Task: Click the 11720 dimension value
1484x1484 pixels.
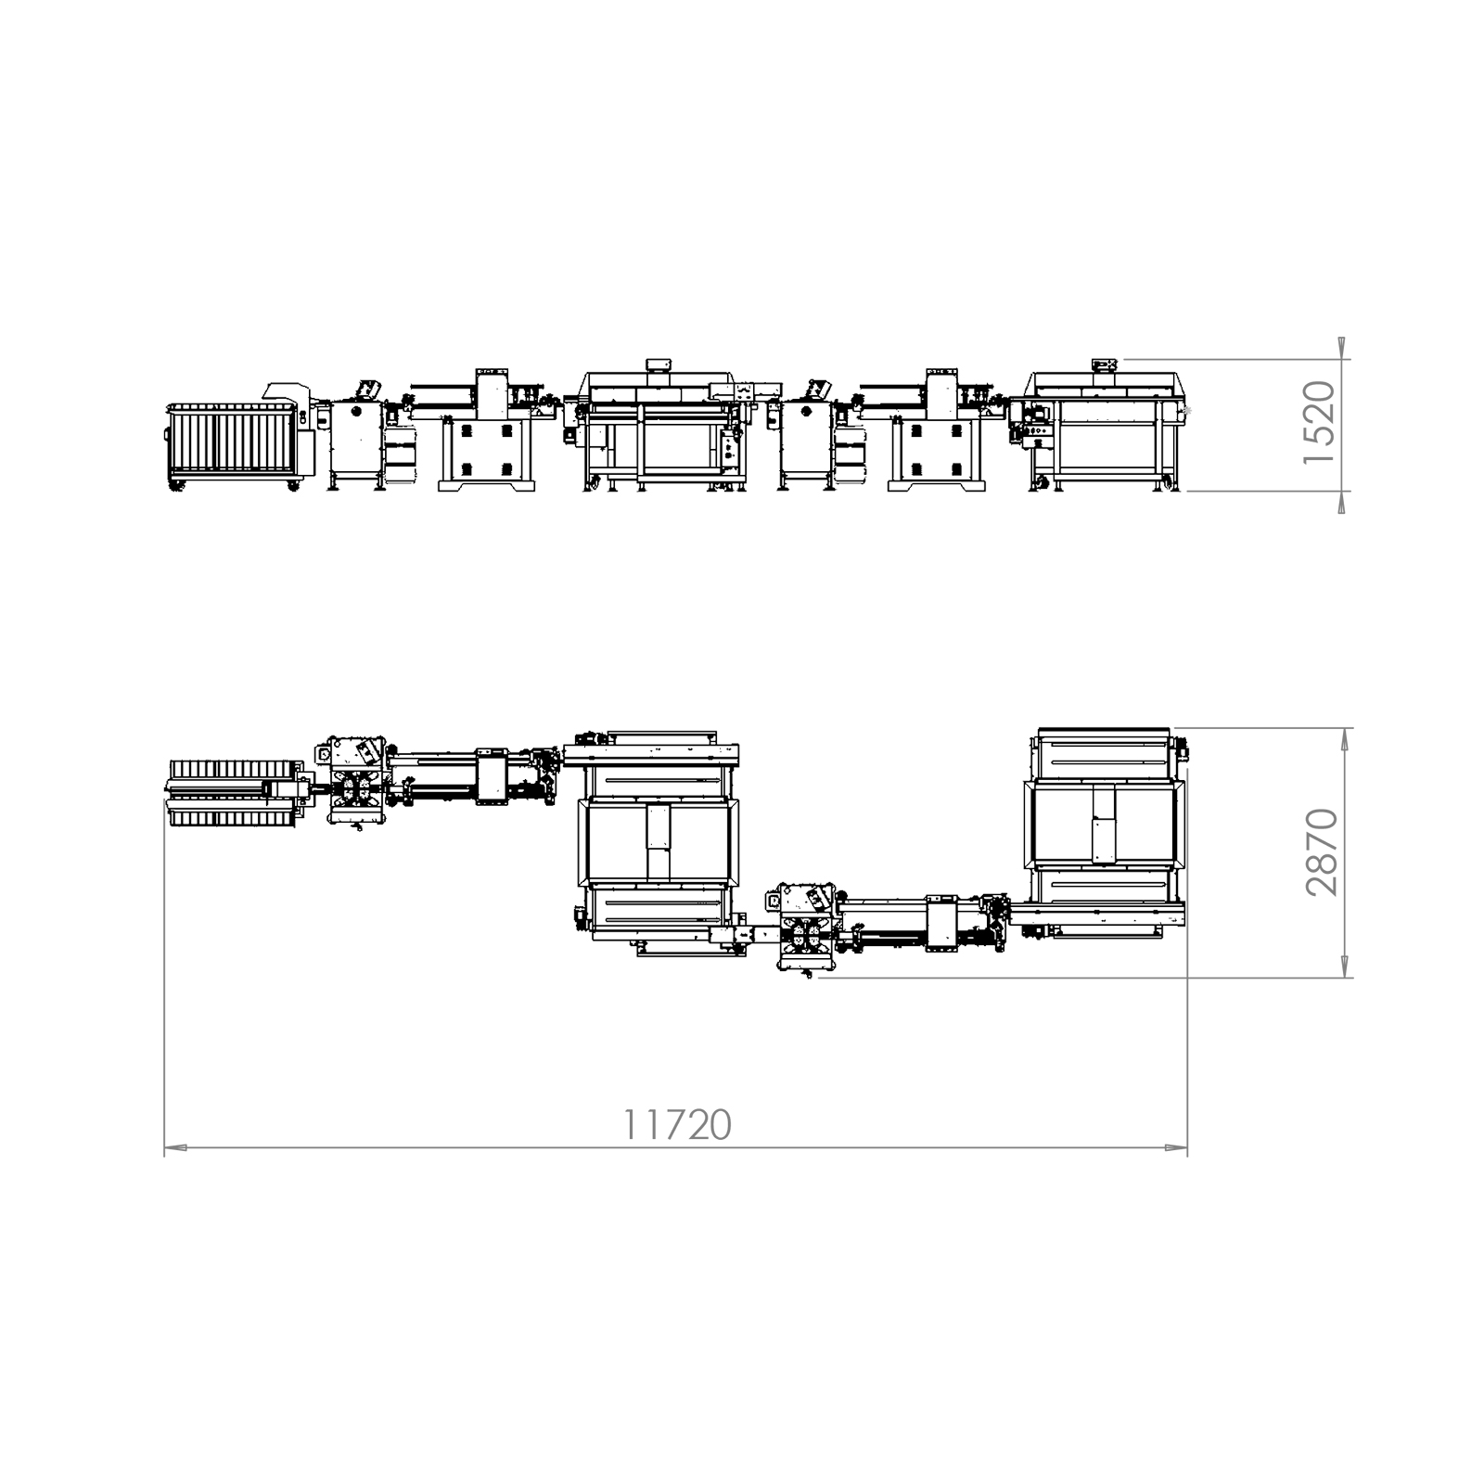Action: (x=676, y=1125)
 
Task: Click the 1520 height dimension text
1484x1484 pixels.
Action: (x=1320, y=423)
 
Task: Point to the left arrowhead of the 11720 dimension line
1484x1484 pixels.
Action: (x=175, y=1148)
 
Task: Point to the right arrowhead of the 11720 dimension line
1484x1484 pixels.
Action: (x=1176, y=1148)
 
